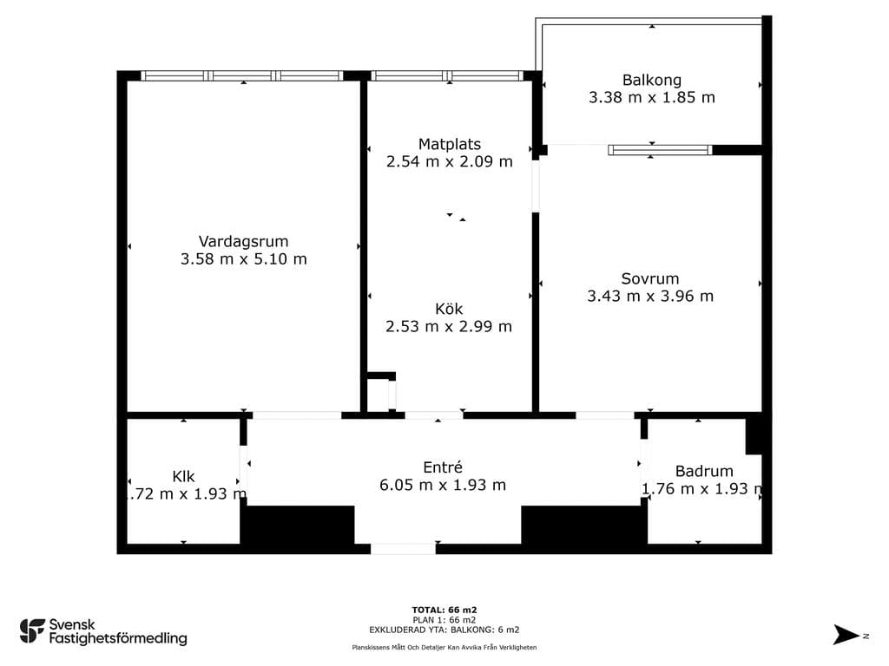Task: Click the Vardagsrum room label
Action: (243, 242)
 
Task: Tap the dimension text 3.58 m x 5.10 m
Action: (244, 259)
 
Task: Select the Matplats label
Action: (450, 145)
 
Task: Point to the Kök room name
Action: (449, 309)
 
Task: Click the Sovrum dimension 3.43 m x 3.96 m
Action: (650, 297)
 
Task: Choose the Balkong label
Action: (652, 81)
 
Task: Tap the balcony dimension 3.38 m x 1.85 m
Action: (652, 97)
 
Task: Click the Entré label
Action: (443, 467)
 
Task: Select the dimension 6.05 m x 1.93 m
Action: (443, 486)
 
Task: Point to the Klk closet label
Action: (184, 476)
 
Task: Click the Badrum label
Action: (704, 471)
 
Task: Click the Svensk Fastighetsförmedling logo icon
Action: (32, 631)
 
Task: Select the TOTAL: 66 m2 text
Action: (444, 610)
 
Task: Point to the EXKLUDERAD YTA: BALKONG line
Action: (444, 630)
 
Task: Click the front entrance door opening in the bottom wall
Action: (403, 549)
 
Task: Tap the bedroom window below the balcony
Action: (660, 150)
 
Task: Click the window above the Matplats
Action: (447, 76)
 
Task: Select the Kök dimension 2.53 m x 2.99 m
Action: (449, 327)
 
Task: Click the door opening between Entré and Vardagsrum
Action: (297, 415)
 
